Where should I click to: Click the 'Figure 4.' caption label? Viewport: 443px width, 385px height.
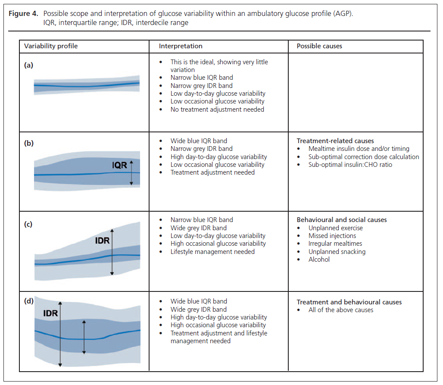tap(25, 13)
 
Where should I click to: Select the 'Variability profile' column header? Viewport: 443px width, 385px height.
tap(51, 46)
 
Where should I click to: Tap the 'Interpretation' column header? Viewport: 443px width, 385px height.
tap(181, 46)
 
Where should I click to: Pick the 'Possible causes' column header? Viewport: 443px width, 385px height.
tap(319, 46)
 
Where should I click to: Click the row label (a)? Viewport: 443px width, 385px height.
tap(28, 65)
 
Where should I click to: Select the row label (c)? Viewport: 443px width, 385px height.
tap(28, 224)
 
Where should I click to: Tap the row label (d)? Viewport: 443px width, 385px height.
tap(29, 301)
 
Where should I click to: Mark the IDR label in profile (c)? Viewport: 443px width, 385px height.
tap(103, 241)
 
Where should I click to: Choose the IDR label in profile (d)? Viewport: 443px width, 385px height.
tap(50, 313)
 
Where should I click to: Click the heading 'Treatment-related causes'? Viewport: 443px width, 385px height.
tap(335, 141)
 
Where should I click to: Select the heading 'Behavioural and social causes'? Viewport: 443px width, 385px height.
tap(342, 220)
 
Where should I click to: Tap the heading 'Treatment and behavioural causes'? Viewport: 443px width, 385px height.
tap(349, 302)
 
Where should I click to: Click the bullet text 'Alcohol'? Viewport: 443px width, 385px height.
tap(319, 260)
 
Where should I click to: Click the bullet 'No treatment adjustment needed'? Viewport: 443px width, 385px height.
tap(217, 110)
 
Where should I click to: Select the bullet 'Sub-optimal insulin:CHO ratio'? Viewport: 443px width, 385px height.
tap(350, 165)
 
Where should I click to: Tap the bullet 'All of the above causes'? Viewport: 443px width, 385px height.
tap(341, 310)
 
